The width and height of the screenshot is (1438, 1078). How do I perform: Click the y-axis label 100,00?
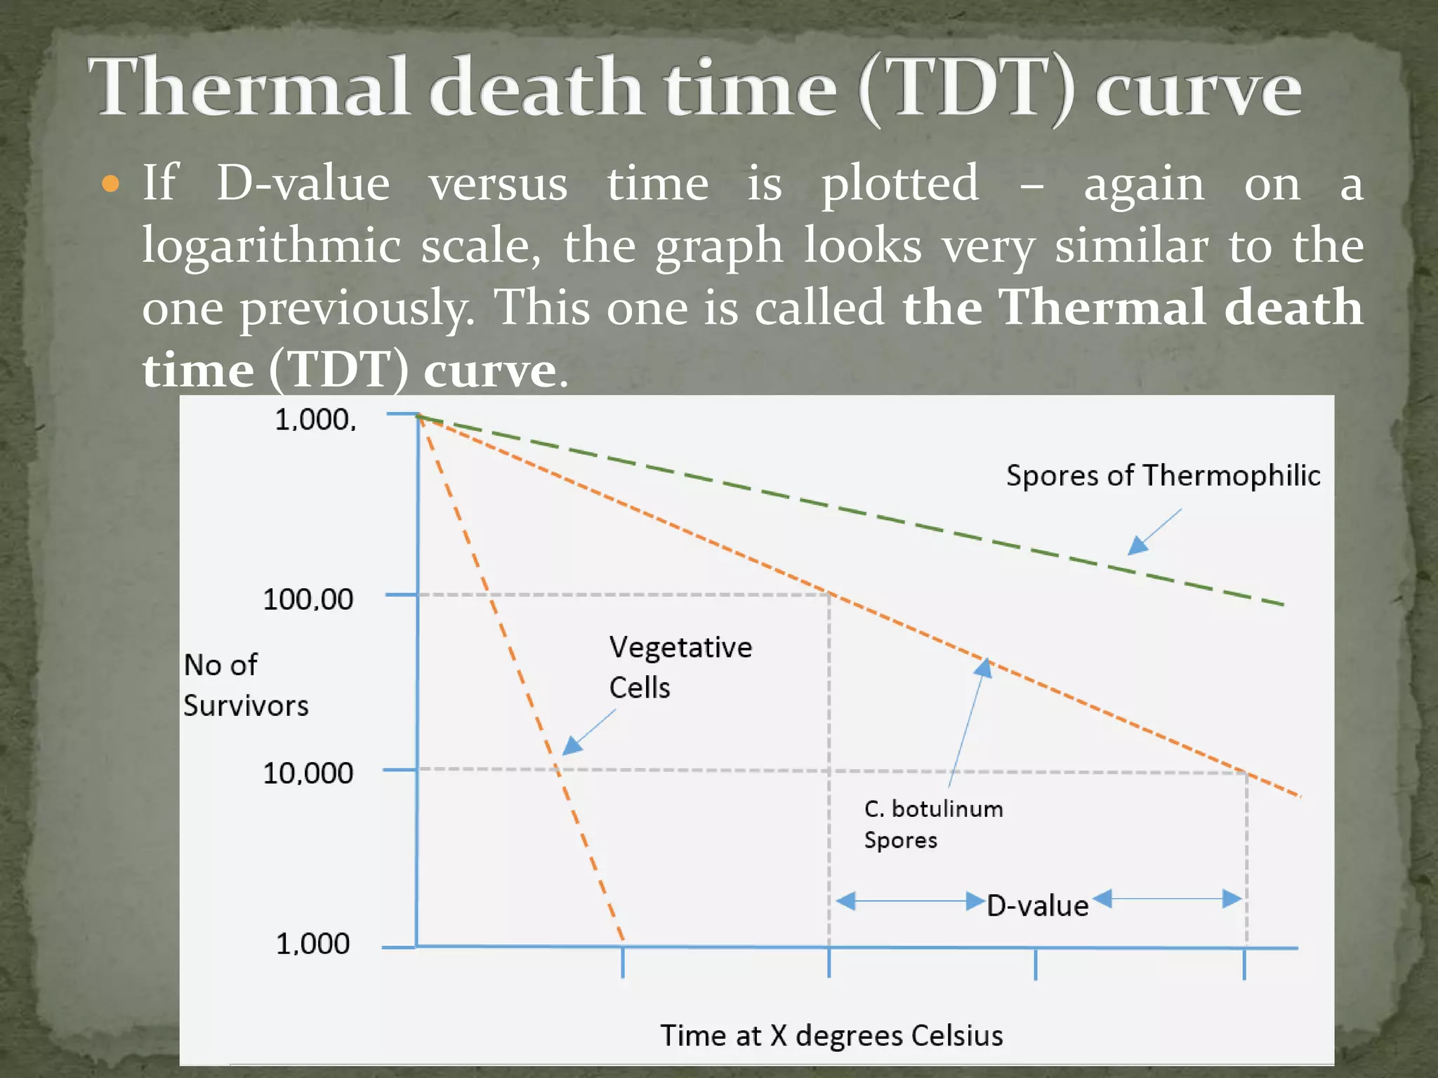coord(308,599)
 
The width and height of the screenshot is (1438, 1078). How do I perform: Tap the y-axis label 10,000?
coord(308,773)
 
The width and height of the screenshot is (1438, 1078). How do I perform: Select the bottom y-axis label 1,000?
coord(312,944)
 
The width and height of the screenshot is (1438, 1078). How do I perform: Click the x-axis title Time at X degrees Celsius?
coord(831,1035)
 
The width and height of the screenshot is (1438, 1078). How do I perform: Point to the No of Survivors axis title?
coord(245,684)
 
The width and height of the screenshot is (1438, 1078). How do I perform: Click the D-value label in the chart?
coord(1037,906)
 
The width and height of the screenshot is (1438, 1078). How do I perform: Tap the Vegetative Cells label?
coord(680,667)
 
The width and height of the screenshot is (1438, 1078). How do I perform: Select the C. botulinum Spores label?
coord(932,824)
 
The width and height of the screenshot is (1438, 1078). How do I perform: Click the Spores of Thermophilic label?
coord(1163,476)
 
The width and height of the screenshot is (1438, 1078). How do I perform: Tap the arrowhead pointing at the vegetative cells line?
coord(572,745)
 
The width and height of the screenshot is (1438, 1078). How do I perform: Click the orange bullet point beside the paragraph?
coord(110,184)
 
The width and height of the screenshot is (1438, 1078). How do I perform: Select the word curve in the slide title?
coord(1198,90)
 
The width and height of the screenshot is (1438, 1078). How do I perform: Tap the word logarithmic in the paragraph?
coord(271,246)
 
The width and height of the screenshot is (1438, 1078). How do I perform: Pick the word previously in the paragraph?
coord(357,309)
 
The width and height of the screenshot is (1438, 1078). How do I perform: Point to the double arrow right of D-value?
coord(1168,898)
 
